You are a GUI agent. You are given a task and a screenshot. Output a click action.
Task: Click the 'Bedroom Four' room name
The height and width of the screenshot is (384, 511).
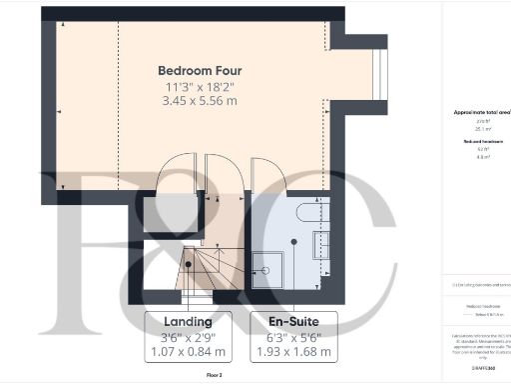pyautogui.click(x=200, y=71)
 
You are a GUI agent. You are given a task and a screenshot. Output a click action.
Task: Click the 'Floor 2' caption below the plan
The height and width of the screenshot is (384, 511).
pyautogui.click(x=215, y=374)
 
